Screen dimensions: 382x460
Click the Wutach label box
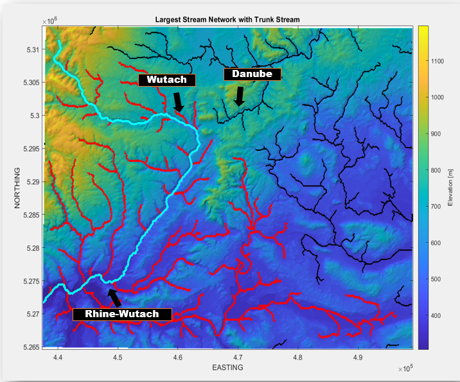(x=167, y=80)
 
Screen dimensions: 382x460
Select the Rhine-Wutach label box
(x=123, y=314)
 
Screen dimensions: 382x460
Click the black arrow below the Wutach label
(x=178, y=101)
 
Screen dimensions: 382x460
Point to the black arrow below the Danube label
(x=239, y=96)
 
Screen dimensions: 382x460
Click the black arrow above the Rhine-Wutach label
(x=114, y=297)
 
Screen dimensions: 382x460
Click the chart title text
(x=227, y=19)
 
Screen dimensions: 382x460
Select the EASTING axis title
(x=227, y=368)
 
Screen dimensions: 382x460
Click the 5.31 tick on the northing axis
(x=30, y=49)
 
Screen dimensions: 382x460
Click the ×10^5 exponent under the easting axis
(x=405, y=368)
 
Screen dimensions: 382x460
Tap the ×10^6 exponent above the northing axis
(x=50, y=21)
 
